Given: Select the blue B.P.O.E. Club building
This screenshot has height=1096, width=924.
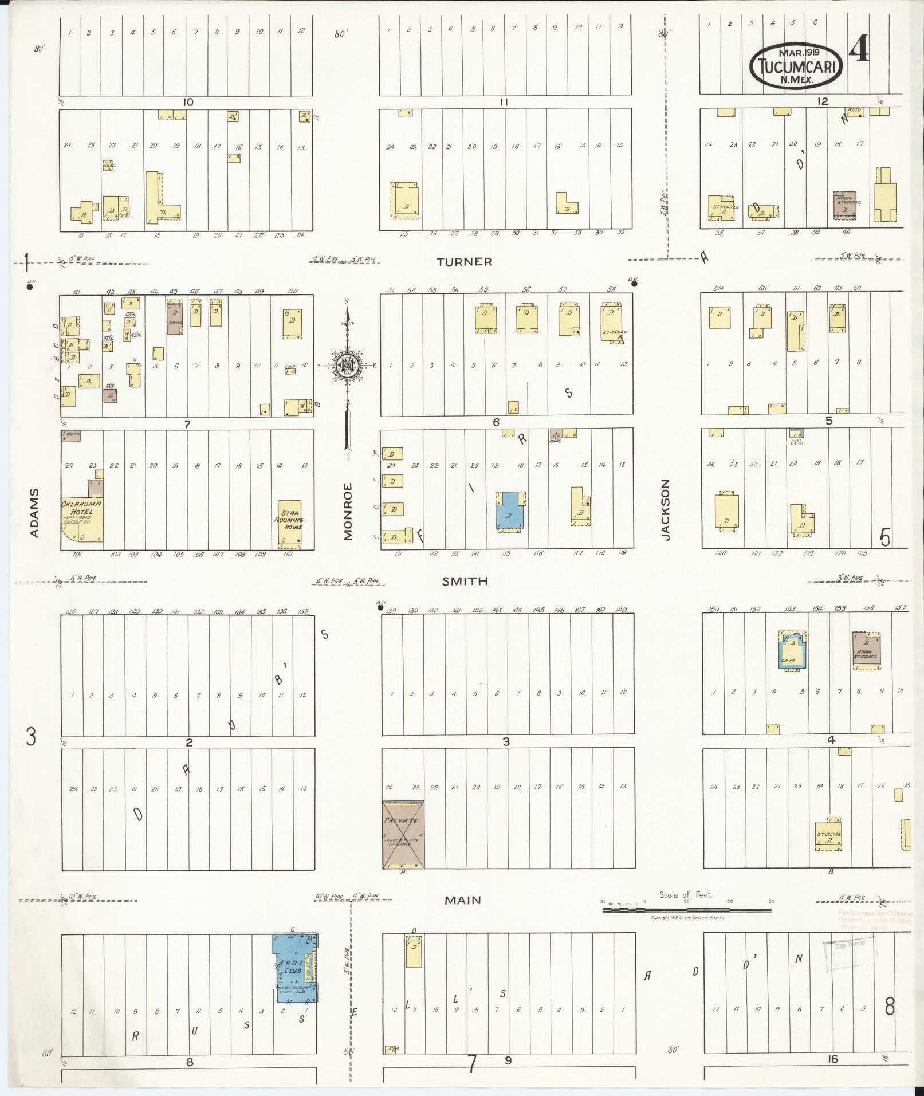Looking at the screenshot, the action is click(296, 968).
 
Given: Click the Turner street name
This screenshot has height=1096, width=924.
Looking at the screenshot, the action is click(464, 262).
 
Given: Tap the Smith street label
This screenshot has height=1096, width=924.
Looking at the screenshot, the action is click(465, 581).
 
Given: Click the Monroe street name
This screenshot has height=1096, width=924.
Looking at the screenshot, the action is click(348, 511).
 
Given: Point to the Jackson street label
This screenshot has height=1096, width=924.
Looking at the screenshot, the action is click(665, 509).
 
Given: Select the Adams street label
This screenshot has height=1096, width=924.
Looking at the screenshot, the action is click(34, 512).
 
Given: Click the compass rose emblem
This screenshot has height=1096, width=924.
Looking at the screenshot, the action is click(347, 365).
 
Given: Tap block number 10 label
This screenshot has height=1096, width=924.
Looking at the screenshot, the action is click(187, 103).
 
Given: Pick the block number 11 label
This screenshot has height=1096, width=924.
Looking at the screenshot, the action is click(504, 103).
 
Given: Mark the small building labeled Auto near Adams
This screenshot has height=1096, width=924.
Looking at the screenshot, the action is click(71, 435).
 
